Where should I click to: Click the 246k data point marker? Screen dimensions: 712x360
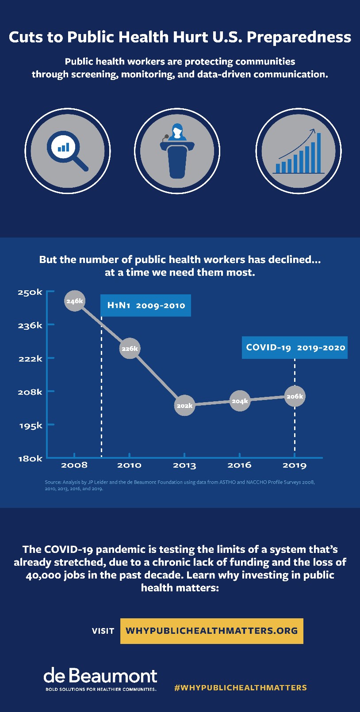click(75, 301)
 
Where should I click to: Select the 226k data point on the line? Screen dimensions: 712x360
click(130, 348)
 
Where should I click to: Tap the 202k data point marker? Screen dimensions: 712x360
click(184, 405)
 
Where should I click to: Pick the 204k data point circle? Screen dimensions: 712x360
click(240, 401)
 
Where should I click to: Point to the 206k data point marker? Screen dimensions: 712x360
click(295, 396)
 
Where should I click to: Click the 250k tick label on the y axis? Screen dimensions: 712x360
click(30, 292)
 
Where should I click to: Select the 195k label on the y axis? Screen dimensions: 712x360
click(31, 425)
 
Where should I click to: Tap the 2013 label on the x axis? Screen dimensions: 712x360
click(184, 465)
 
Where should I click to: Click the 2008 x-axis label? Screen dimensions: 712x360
click(74, 465)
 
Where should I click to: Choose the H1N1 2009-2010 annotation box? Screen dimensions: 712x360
click(146, 305)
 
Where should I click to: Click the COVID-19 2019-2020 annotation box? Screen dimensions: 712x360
click(295, 347)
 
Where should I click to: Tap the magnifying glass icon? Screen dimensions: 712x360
click(68, 151)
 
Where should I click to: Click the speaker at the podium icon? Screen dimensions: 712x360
click(177, 151)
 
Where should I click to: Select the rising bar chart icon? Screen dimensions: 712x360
click(299, 151)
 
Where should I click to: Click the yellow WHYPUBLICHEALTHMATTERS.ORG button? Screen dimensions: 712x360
click(211, 631)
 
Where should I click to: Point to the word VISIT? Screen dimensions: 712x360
click(103, 631)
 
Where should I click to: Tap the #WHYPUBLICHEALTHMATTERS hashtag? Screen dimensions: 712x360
click(241, 688)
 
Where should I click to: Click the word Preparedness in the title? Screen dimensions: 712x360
click(299, 37)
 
